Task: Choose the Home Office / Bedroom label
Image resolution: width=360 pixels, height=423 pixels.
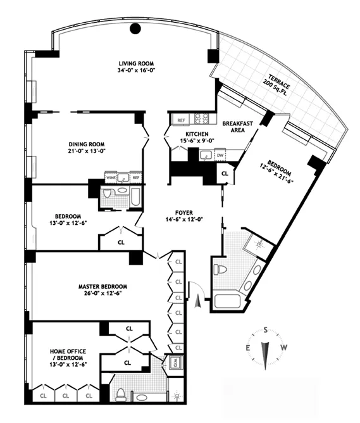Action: [x=66, y=355]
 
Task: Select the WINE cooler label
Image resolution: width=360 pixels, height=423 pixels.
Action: [x=111, y=178]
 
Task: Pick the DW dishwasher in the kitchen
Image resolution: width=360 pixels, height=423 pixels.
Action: [x=220, y=155]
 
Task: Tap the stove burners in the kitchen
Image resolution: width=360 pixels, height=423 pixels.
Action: [x=201, y=118]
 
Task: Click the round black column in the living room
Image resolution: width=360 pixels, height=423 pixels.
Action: [x=135, y=28]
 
